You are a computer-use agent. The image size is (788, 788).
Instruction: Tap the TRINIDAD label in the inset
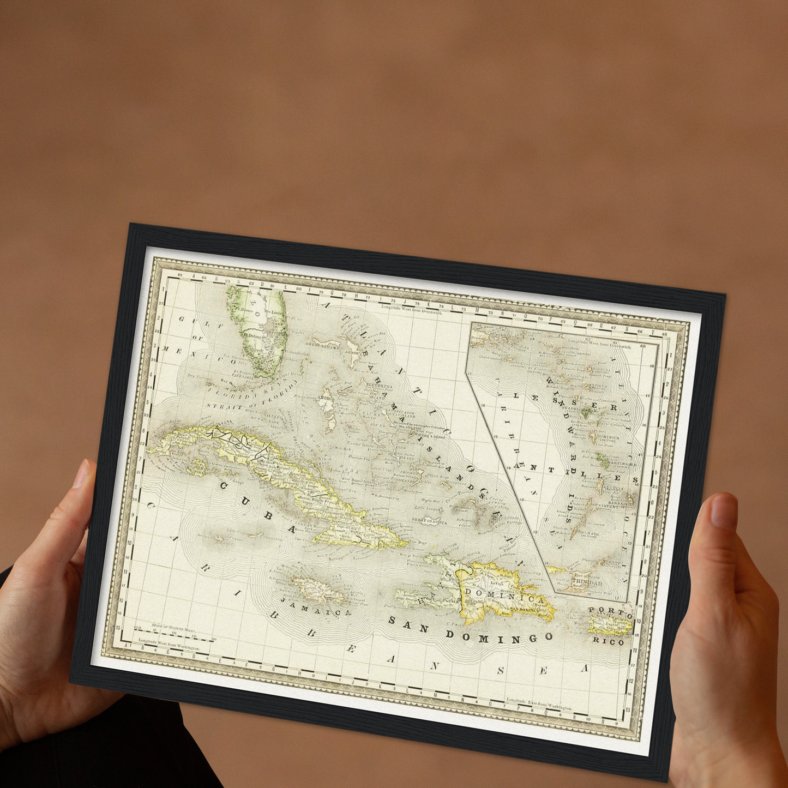tap(587, 582)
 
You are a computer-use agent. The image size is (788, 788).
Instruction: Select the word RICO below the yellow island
tap(608, 641)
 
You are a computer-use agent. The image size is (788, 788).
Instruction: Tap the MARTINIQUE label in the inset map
tap(617, 464)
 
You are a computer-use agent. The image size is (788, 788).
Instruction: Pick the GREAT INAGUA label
tap(429, 522)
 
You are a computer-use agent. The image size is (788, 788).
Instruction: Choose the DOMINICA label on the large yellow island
tap(504, 596)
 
